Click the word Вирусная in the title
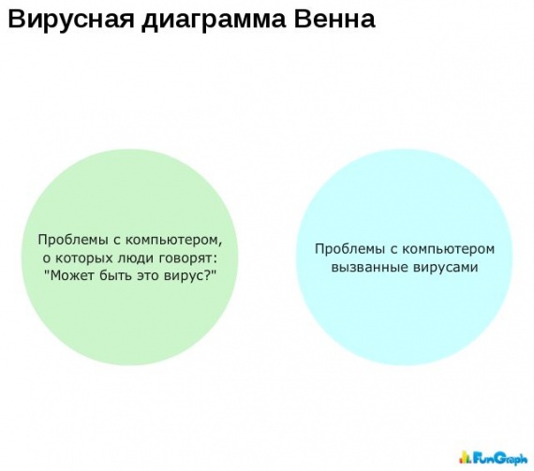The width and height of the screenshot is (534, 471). [x=71, y=20]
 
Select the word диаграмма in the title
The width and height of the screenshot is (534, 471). [x=214, y=21]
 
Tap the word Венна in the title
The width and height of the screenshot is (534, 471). [x=334, y=19]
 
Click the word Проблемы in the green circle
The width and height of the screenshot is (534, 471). [x=72, y=241]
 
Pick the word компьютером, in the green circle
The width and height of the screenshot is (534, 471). [x=173, y=241]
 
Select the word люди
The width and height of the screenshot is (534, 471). [x=135, y=258]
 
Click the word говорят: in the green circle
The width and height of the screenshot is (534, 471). [x=188, y=258]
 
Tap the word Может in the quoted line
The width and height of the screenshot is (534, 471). [x=71, y=275]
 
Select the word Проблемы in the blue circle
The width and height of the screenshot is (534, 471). [x=349, y=249]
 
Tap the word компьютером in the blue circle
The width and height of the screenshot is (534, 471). [x=448, y=249]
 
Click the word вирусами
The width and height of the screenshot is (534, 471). [x=446, y=268]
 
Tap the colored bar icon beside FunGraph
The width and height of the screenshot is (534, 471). [x=465, y=457]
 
